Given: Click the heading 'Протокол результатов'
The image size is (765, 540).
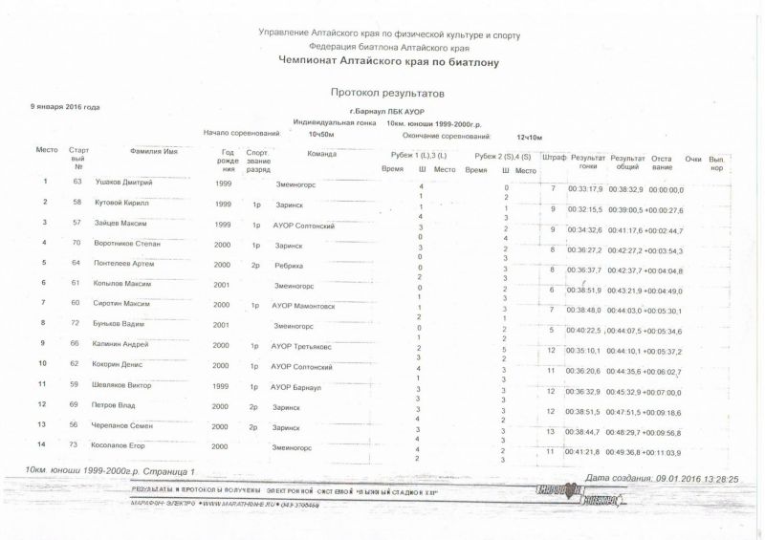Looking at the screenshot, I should pos(387,94).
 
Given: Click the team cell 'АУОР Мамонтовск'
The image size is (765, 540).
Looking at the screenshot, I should pos(305,305).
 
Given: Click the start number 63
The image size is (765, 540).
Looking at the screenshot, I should pos(77,181).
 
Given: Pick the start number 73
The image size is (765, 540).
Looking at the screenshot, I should pos(77,445).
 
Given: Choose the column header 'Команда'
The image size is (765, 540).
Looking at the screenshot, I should pos(322,153).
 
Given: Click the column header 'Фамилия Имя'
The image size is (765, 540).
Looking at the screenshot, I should pos(153,153).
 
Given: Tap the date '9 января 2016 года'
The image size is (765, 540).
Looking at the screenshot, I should pos(65,107).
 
